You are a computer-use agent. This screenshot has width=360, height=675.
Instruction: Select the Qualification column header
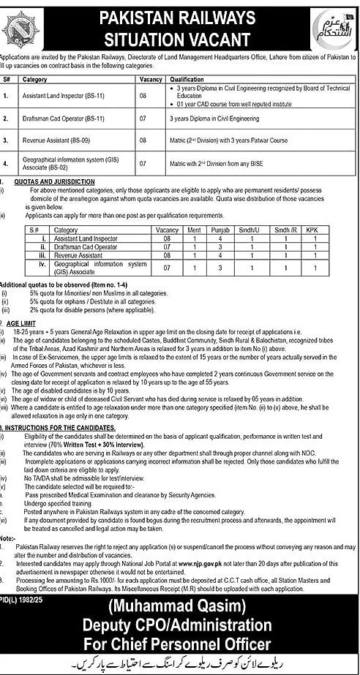pyautogui.click(x=182, y=78)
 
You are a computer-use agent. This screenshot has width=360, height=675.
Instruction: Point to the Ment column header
pyautogui.click(x=194, y=229)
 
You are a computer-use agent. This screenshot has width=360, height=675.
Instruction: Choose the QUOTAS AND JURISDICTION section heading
pyautogui.click(x=51, y=181)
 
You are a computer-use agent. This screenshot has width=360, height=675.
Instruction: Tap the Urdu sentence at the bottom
pyautogui.click(x=180, y=665)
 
